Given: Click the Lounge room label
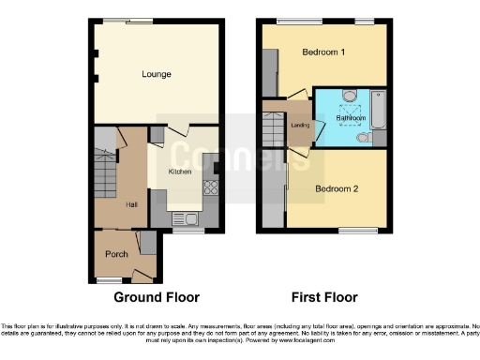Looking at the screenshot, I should (156, 73).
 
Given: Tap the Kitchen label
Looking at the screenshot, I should (180, 172).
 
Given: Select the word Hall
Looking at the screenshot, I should (131, 203).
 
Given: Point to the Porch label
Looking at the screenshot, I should (116, 254).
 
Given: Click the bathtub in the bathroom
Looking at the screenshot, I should (380, 109).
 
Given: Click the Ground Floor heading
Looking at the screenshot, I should (157, 298).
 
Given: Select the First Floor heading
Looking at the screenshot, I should (325, 298).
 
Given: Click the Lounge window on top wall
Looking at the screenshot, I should (142, 21).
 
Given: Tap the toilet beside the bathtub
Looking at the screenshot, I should (365, 138).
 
